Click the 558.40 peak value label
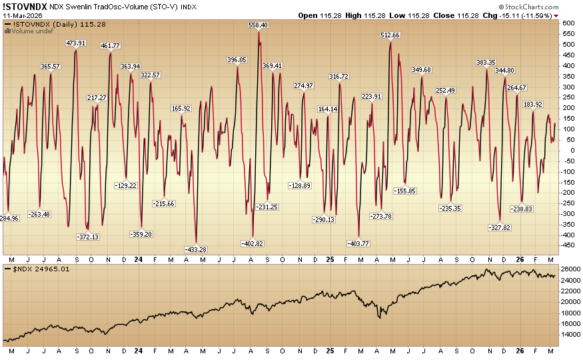258,25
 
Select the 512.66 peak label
390,35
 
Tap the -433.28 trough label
195,249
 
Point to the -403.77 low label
358,243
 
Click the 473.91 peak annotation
76,43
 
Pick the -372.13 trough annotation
88,237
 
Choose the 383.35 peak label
486,62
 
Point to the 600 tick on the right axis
568,23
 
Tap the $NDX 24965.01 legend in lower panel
37,269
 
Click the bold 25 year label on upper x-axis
330,258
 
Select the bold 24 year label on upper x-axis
138,258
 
